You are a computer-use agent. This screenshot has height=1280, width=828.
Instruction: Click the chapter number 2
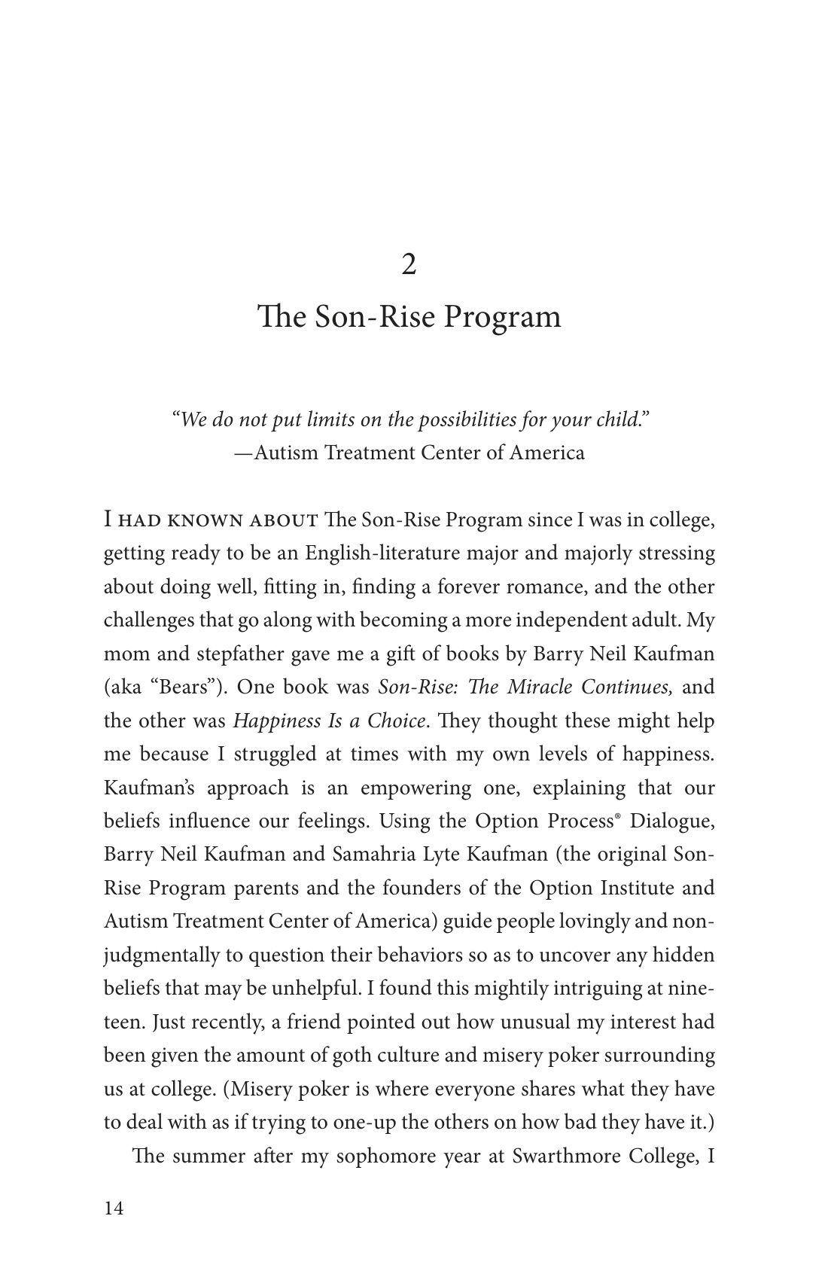[409, 265]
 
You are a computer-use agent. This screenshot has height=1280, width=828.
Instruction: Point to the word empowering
[417, 788]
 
